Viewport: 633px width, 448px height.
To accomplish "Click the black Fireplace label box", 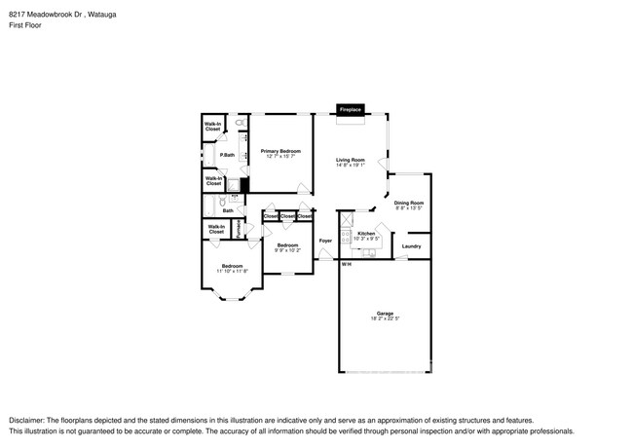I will tap(351, 110).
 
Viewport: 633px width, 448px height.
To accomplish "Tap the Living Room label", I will tap(351, 160).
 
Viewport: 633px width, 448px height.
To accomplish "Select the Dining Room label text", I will tap(409, 203).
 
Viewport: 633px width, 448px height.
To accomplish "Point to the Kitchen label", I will tap(366, 234).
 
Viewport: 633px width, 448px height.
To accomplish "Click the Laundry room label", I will tap(411, 246).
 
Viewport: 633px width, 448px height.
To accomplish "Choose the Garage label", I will tap(385, 313).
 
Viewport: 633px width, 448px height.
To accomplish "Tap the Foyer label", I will tap(325, 240).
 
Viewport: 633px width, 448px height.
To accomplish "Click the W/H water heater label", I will tap(346, 264).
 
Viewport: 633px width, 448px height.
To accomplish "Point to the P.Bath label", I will tap(226, 156).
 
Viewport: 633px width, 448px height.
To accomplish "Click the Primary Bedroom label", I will tap(280, 152).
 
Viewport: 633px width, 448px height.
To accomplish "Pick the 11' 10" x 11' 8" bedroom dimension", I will tap(232, 271).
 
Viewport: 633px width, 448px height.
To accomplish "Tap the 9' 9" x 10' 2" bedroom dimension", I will tap(287, 250).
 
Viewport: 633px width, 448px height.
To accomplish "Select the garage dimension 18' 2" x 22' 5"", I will tap(385, 318).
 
